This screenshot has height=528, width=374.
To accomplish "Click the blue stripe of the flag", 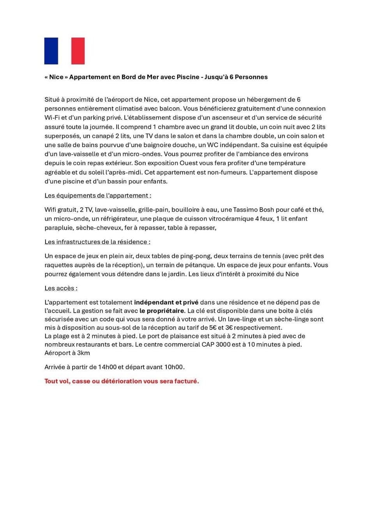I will click(x=51, y=51).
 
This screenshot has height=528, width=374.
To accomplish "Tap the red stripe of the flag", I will click(x=78, y=51).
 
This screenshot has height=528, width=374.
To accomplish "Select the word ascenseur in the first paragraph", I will click(x=228, y=118).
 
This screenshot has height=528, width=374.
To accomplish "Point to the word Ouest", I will click(x=190, y=163).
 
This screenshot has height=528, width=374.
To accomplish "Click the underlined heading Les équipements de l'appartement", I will click(x=98, y=195).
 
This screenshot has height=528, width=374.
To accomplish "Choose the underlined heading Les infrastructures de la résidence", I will click(x=97, y=242).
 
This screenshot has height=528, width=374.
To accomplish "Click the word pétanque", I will click(x=200, y=265).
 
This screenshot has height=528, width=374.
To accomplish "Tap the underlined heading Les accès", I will click(x=61, y=288).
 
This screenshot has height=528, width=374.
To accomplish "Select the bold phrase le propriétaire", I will click(x=162, y=311).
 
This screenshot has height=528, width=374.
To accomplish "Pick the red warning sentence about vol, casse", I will click(x=122, y=381).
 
